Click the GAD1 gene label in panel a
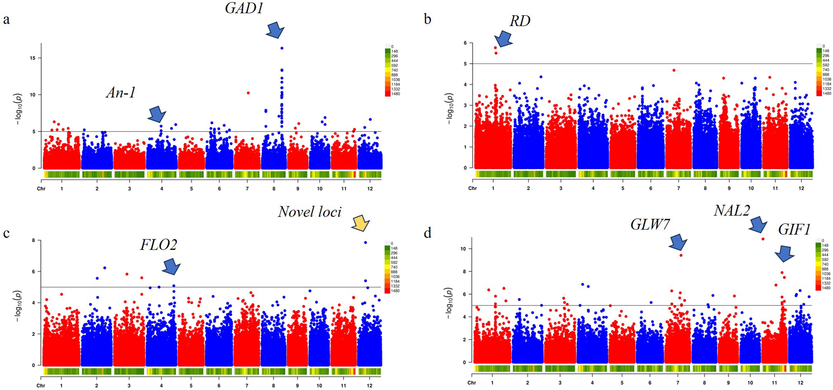pos(244,8)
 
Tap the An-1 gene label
pos(120,92)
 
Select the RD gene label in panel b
pos(520,21)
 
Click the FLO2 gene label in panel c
pos(159,245)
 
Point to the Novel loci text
pos(309,212)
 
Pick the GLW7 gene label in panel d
pos(650,224)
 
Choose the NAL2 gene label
pos(731,211)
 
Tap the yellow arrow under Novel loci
pos(361,223)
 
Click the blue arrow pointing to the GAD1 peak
pos(275,30)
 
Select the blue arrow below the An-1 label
pos(157,114)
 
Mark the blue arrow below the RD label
pos(503,39)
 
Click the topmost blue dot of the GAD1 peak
pos(282,48)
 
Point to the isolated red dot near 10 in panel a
pos(248,93)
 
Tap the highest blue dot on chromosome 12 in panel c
pos(365,242)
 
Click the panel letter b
pos(427,19)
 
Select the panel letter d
pos(427,233)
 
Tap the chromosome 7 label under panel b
pos(678,188)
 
